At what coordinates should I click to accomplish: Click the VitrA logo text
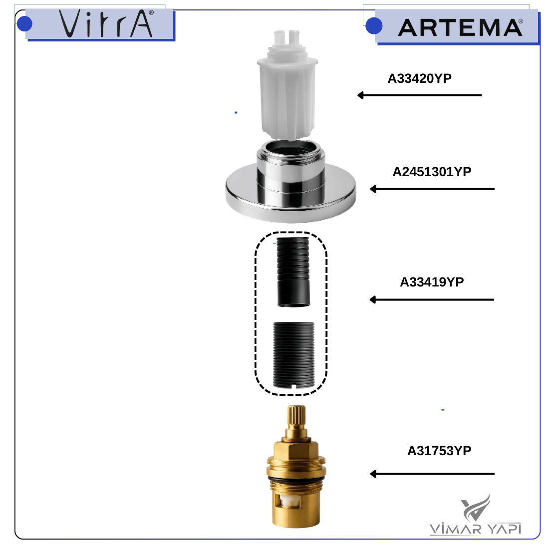pos(106,23)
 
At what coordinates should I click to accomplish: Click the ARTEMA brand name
pos(461,27)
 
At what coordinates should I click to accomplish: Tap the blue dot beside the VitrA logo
pos(24,24)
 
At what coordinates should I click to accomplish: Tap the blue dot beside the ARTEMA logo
pos(374,26)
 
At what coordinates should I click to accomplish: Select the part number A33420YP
pos(419,78)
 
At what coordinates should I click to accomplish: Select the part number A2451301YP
pos(432,172)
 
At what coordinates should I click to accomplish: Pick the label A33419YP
pos(432,282)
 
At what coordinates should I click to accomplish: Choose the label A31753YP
pos(439,451)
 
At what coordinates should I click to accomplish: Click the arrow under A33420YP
pos(419,95)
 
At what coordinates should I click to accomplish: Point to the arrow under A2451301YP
pos(432,189)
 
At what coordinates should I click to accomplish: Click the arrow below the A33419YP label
pos(432,300)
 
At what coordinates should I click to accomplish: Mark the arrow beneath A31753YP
pos(432,474)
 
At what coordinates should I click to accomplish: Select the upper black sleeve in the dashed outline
pos(293,273)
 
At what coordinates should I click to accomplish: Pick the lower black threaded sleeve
pos(294,355)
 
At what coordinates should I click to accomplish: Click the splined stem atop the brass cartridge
pos(296,417)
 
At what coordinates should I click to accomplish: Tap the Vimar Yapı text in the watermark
pos(475,529)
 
